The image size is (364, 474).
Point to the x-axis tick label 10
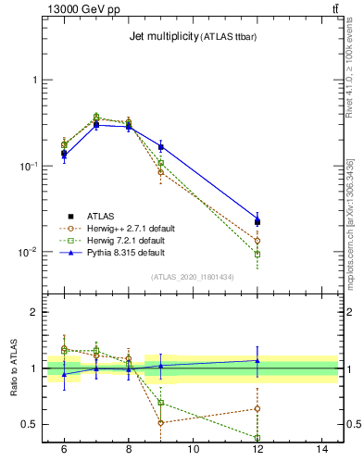pyautogui.click(x=194, y=449)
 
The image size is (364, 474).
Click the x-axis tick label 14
pyautogui.click(x=323, y=449)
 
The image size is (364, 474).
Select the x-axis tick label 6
pyautogui.click(x=64, y=449)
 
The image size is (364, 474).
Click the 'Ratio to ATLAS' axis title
pyautogui.click(x=14, y=368)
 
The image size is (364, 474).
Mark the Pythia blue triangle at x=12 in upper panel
pyautogui.click(x=257, y=220)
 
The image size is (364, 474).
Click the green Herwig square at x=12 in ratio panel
pyautogui.click(x=257, y=438)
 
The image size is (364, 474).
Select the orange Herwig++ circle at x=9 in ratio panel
pyautogui.click(x=161, y=423)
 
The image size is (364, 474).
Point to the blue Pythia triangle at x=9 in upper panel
pyautogui.click(x=161, y=146)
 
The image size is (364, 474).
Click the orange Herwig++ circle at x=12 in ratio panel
pyautogui.click(x=257, y=408)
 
